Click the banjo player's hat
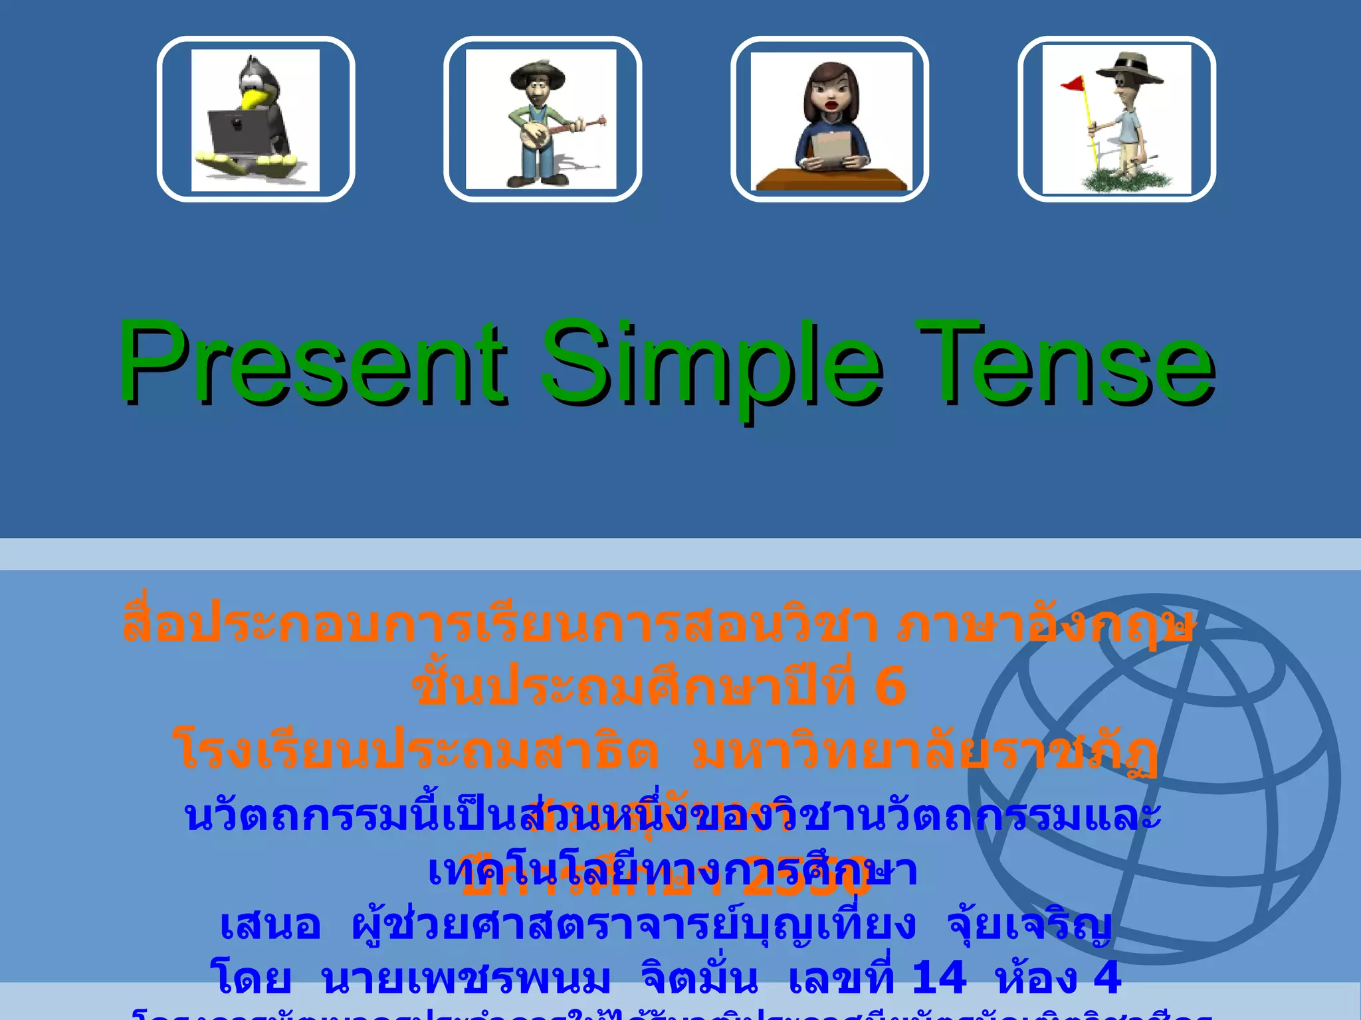pyautogui.click(x=537, y=73)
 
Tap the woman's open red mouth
pyautogui.click(x=829, y=104)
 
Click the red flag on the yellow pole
pyautogui.click(x=1073, y=84)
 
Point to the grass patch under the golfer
pyautogui.click(x=1123, y=179)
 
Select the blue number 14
pyautogui.click(x=938, y=977)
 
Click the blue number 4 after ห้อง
pyautogui.click(x=1107, y=977)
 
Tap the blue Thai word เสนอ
pyautogui.click(x=270, y=924)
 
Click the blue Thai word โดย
pyautogui.click(x=251, y=977)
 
